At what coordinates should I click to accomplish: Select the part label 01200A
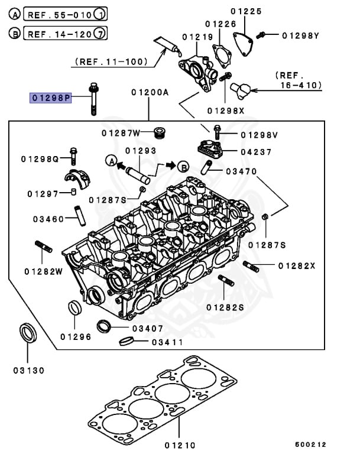point(150,92)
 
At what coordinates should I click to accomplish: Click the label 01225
point(246,11)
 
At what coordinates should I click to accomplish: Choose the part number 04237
point(256,152)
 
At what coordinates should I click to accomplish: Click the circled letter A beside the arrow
point(110,160)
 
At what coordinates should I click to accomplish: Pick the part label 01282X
point(296,266)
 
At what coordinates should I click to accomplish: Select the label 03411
point(168,342)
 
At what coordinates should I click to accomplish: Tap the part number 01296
point(75,337)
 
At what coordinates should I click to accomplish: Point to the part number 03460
point(48,219)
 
